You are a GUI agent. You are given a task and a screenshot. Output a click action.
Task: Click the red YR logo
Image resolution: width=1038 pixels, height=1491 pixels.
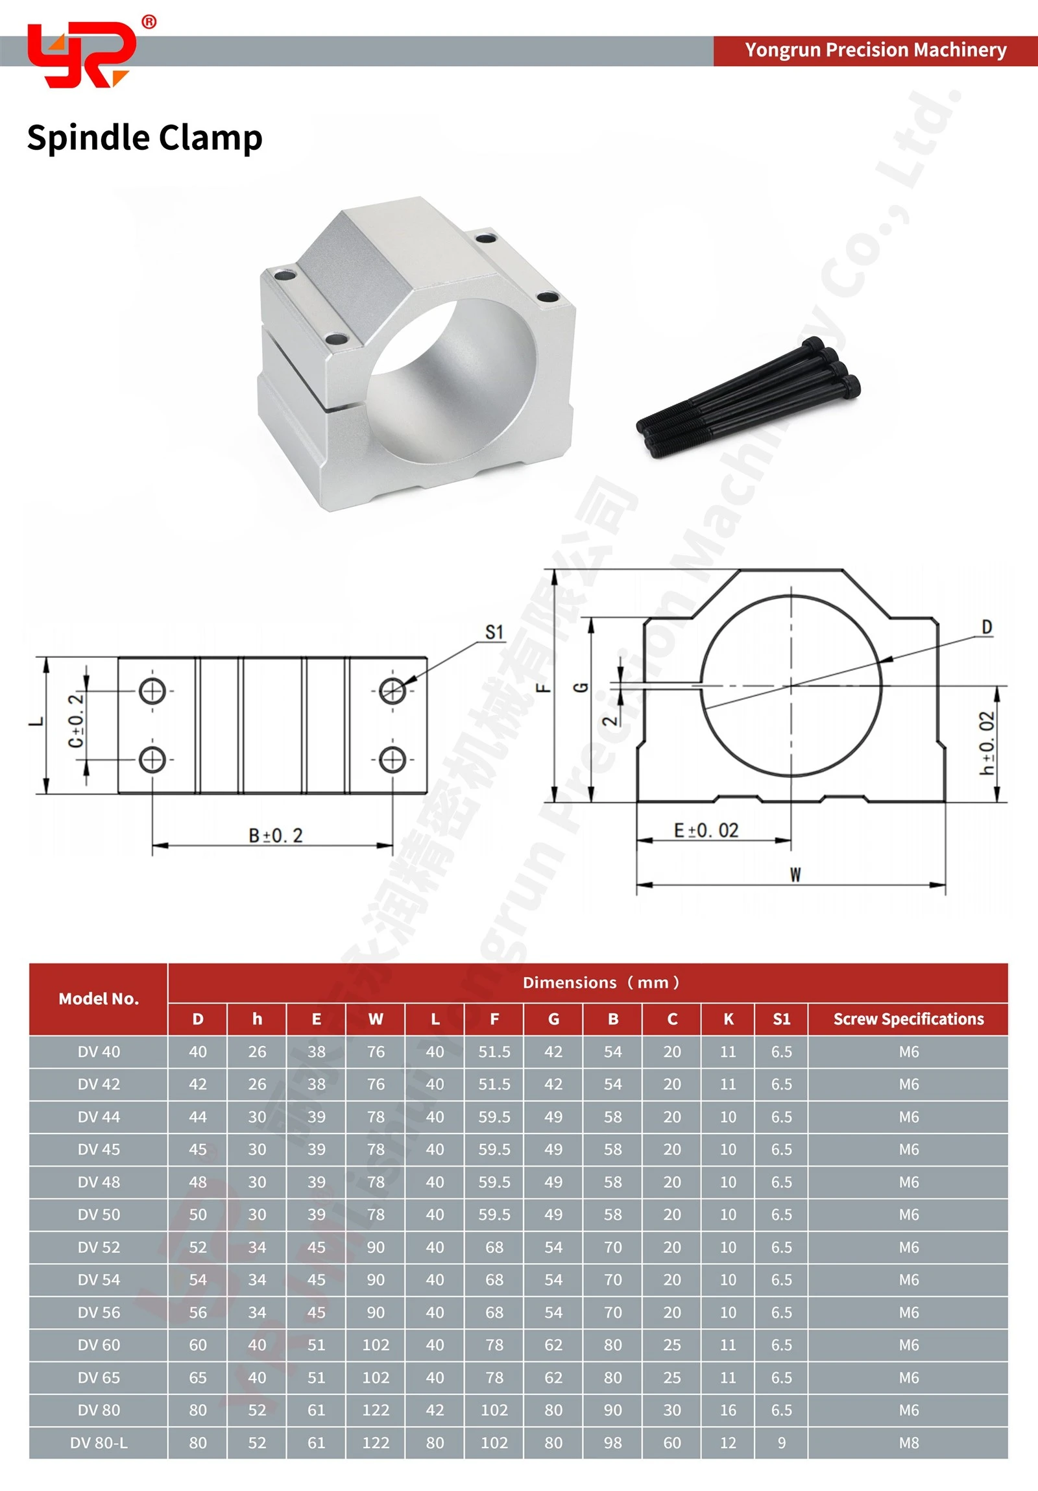click(81, 55)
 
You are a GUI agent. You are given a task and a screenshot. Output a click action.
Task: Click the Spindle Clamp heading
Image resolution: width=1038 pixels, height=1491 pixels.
click(145, 138)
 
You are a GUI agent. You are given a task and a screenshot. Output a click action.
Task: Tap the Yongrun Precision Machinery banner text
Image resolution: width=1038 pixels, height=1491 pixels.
click(876, 50)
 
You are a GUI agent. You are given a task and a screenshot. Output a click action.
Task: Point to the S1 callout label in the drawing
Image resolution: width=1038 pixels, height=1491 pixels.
click(494, 632)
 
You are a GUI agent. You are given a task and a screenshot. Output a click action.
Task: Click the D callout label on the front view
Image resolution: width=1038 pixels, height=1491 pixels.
click(987, 627)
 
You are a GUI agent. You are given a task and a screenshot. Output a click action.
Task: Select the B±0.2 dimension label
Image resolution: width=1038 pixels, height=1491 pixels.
click(276, 835)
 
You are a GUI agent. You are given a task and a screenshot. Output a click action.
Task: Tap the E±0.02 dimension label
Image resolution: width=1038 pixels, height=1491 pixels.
click(706, 830)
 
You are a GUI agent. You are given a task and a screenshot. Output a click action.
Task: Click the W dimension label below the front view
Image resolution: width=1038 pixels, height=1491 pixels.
click(795, 875)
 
